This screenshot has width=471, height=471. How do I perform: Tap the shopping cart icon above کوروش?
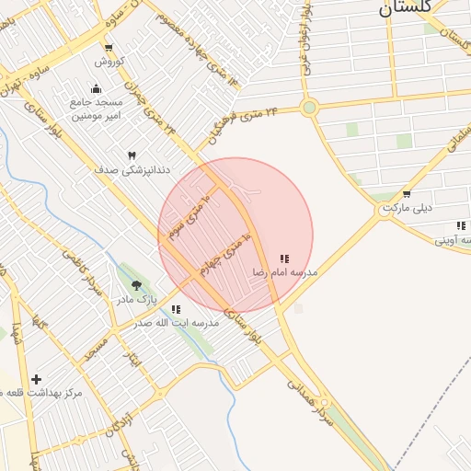pos(109,48)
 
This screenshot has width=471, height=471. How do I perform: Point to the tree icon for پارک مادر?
pos(137,286)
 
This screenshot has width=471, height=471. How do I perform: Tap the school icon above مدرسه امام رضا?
pos(284,259)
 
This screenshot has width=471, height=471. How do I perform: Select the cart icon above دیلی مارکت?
pos(407,194)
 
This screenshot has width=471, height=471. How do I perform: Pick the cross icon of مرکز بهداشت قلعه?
pos(36,379)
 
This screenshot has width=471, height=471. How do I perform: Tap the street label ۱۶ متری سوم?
pos(190,213)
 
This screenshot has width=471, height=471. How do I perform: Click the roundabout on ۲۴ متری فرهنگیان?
pos(309,108)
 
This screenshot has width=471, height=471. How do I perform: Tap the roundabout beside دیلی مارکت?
pos(384,213)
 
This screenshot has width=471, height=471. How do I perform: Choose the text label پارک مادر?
pos(136,300)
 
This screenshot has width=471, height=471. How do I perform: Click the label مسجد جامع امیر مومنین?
pos(98,109)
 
